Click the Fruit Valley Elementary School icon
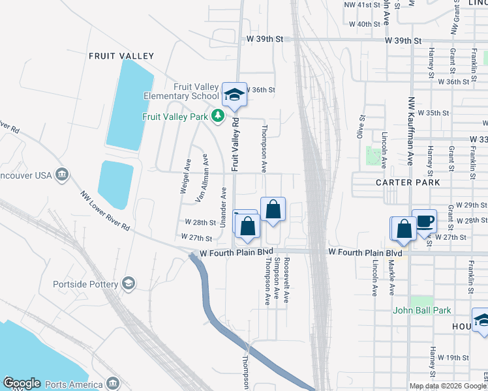coord(234,95)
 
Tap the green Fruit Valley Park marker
coord(218,117)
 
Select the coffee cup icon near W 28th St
coord(424,221)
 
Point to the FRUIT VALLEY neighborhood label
coord(121,57)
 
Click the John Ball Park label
coord(422,310)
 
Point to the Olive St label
coord(361,127)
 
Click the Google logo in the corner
coord(22,383)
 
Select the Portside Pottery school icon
coord(129,283)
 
